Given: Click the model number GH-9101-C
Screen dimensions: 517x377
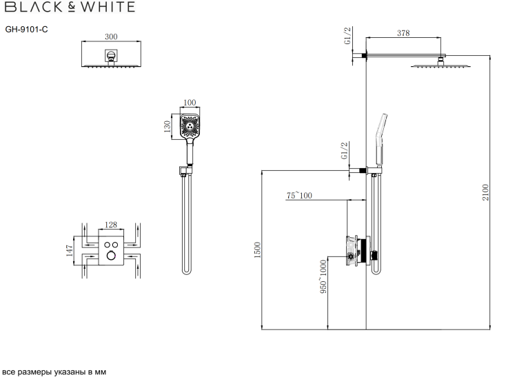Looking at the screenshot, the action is (26, 30).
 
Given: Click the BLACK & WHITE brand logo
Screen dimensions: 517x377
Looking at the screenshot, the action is (70, 7).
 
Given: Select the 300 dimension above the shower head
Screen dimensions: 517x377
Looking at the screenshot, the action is (111, 37).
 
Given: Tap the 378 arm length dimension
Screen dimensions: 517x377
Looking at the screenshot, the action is (403, 33).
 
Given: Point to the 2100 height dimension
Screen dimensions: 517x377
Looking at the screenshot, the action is (486, 192).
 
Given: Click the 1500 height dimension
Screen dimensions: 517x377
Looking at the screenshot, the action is (258, 250).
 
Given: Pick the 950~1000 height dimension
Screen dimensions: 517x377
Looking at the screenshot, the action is (323, 276).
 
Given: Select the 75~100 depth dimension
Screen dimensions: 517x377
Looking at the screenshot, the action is (299, 196).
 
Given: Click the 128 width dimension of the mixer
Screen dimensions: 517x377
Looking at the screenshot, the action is (111, 225).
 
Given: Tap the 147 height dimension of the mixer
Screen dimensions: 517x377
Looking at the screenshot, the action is (70, 250).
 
